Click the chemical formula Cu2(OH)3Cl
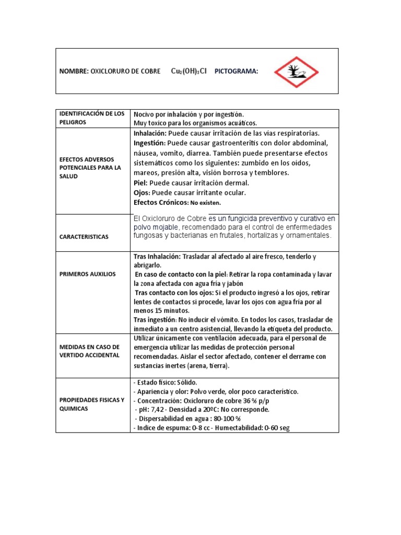[188, 71]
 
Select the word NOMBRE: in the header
[74, 72]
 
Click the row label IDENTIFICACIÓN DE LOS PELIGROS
[92, 118]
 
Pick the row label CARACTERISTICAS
[84, 237]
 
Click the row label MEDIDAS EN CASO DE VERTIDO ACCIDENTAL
[90, 351]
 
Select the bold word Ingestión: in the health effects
[150, 143]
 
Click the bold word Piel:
[141, 183]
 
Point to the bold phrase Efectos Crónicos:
[161, 202]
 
